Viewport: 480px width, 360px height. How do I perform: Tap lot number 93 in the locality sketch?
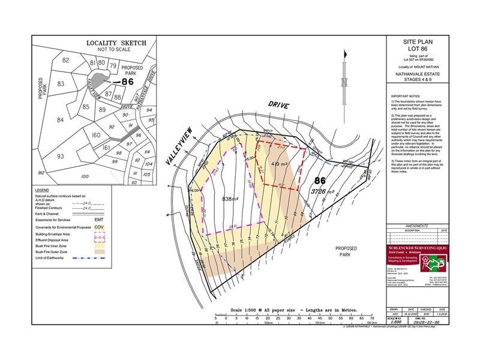click(x=60, y=157)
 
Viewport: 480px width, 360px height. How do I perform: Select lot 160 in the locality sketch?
click(x=95, y=135)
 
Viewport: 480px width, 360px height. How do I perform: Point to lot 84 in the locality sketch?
click(x=60, y=120)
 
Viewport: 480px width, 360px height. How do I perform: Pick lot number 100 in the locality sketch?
click(x=84, y=176)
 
